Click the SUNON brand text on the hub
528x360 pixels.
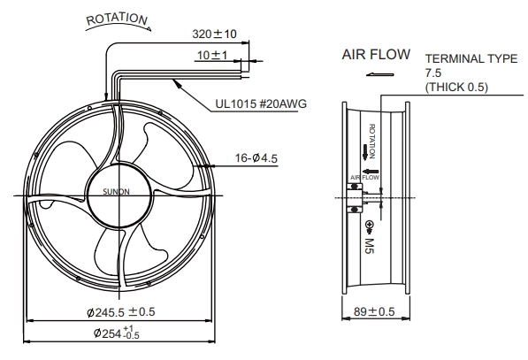(116, 192)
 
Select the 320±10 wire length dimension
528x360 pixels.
(215, 34)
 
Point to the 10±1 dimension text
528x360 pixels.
(212, 55)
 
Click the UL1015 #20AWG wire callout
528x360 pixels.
(261, 103)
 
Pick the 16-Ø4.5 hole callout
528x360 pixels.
(256, 158)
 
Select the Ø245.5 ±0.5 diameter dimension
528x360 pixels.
(121, 312)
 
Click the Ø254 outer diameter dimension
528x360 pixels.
(117, 333)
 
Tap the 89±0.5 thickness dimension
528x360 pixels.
(374, 312)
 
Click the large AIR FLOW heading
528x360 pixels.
(376, 55)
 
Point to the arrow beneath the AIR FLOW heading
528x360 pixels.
(379, 74)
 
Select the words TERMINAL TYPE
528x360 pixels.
(471, 58)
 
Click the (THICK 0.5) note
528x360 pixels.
(456, 88)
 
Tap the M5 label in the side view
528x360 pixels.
(370, 246)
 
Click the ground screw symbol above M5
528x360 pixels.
(369, 227)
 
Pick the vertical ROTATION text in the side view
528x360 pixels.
(372, 142)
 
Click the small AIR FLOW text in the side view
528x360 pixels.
(364, 178)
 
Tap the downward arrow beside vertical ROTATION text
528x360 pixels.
(365, 152)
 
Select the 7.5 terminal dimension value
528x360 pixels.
(433, 73)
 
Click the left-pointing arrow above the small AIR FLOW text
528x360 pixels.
(371, 172)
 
